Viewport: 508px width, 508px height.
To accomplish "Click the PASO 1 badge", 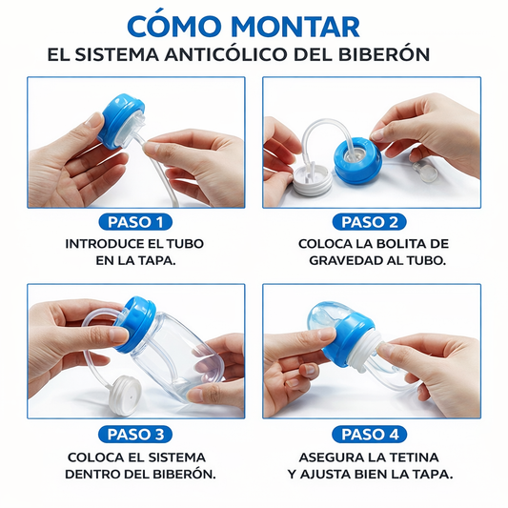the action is pyautogui.click(x=135, y=222).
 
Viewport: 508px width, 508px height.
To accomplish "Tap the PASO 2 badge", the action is pyautogui.click(x=370, y=222).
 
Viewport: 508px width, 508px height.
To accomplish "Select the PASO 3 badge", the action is pyautogui.click(x=135, y=434).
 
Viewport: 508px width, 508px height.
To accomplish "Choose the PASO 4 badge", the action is pyautogui.click(x=370, y=434).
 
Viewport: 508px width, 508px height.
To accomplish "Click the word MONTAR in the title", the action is pyautogui.click(x=295, y=26).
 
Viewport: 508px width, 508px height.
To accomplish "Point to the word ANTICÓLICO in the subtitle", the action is pyautogui.click(x=226, y=54).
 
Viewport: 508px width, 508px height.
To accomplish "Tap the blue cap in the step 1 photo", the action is pyautogui.click(x=122, y=120).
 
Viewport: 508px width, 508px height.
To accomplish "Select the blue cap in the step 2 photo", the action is pyautogui.click(x=357, y=160).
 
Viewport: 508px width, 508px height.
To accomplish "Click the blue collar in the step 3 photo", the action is pyautogui.click(x=135, y=324).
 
